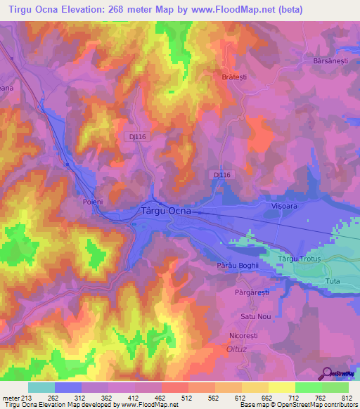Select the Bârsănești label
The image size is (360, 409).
[332, 61]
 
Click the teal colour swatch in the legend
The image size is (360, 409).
[41, 387]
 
